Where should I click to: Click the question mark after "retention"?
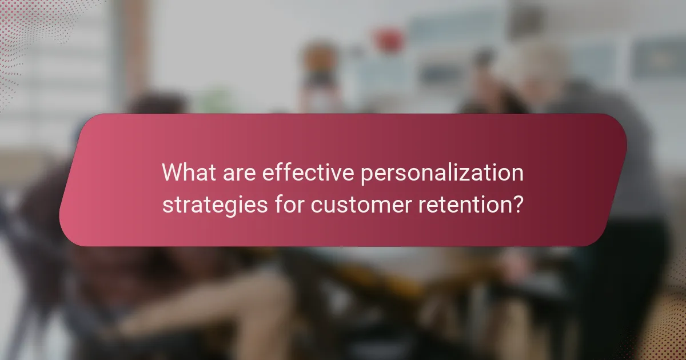(x=517, y=203)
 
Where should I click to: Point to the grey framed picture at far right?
(x=657, y=57)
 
